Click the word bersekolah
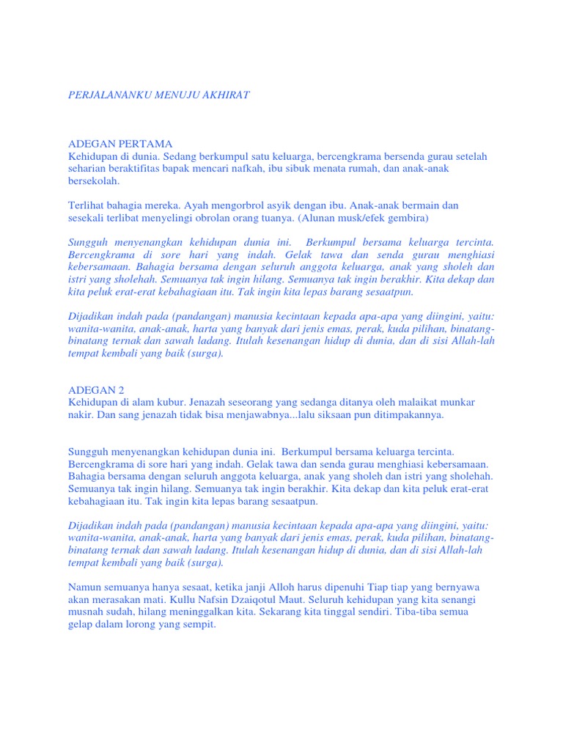93,181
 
